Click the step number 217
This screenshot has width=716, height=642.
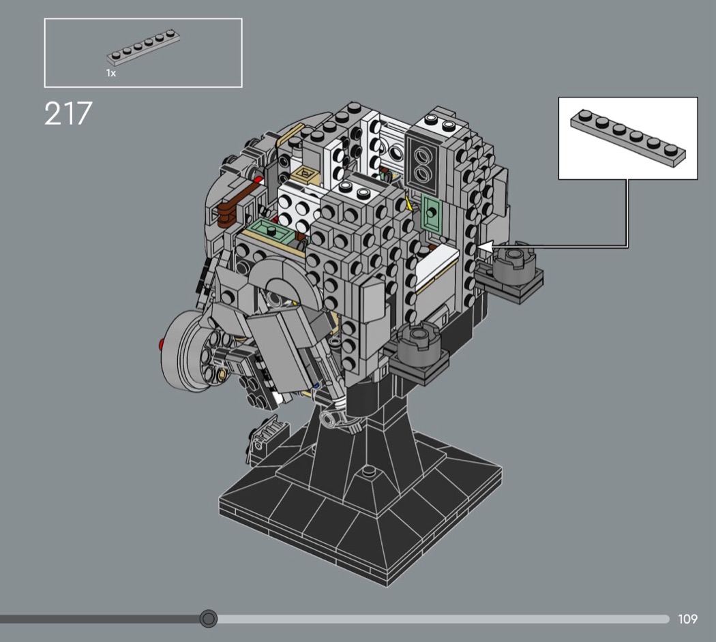coord(68,113)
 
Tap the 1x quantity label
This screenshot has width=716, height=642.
coord(111,73)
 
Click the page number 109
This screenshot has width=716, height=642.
coord(687,619)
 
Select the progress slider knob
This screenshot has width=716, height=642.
coord(209,619)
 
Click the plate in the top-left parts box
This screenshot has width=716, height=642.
coord(143,47)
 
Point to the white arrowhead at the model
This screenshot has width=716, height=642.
coord(485,247)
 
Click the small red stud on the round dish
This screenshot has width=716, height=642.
coord(161,343)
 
